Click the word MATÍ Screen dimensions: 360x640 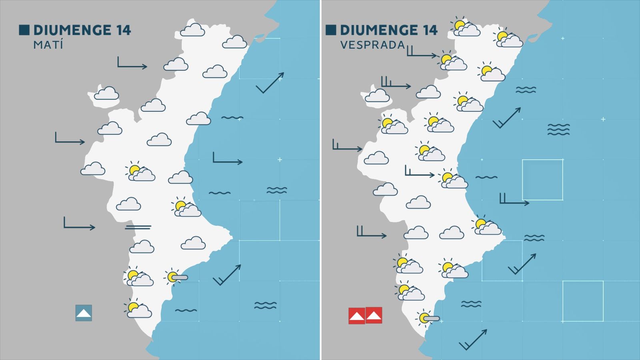point(48,45)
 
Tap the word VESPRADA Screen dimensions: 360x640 point(372,45)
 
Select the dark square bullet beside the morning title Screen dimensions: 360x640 point(24,30)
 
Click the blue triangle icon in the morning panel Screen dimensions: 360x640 point(84,313)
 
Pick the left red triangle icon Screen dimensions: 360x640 point(356,316)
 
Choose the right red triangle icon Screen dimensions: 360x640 point(374,316)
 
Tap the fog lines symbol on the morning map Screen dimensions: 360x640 point(138,227)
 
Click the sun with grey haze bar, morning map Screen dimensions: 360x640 point(176,277)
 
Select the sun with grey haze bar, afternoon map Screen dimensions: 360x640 point(428,318)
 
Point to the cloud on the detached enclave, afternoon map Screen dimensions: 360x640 point(377,96)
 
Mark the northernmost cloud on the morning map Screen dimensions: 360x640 point(192,30)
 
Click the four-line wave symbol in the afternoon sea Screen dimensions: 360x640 point(558,129)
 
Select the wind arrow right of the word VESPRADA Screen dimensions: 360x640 point(422,52)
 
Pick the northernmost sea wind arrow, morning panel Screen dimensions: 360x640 point(270,83)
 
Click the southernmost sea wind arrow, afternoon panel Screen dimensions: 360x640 point(473,340)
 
